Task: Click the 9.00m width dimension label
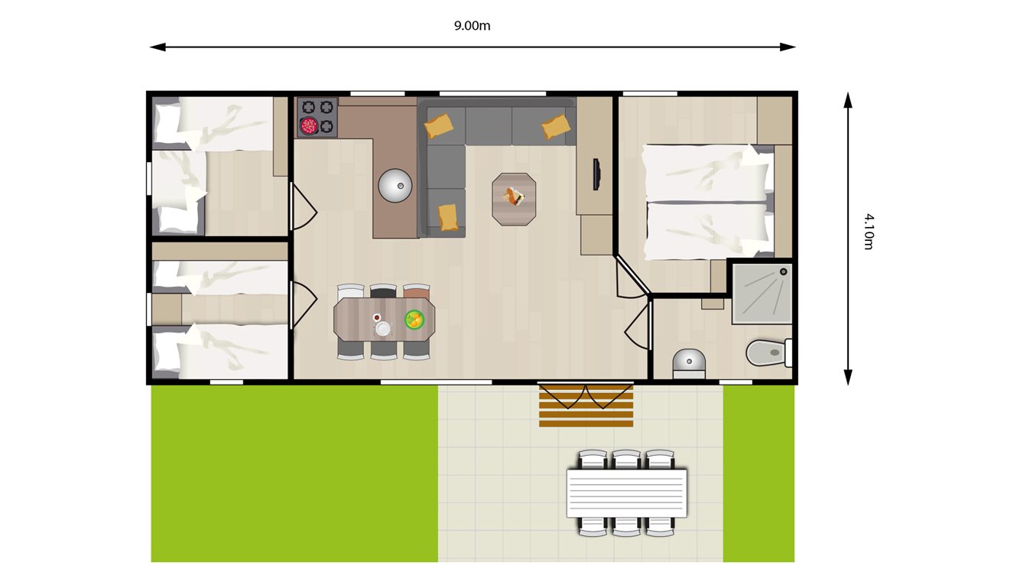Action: pos(472,25)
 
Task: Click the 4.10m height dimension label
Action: pos(868,232)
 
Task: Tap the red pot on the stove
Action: pos(309,126)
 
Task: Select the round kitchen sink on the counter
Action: pos(395,185)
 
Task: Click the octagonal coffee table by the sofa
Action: pos(514,199)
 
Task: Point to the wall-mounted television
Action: pos(596,174)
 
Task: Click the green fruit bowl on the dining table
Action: pos(414,320)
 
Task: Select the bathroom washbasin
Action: pos(689,362)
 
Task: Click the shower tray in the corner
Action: pos(762,293)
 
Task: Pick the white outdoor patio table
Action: pos(626,492)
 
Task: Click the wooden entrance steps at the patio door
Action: pos(586,405)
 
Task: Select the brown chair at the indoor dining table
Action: pos(417,291)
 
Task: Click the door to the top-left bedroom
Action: pos(303,207)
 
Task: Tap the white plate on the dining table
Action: pos(382,328)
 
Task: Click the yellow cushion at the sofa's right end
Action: pos(556,125)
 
